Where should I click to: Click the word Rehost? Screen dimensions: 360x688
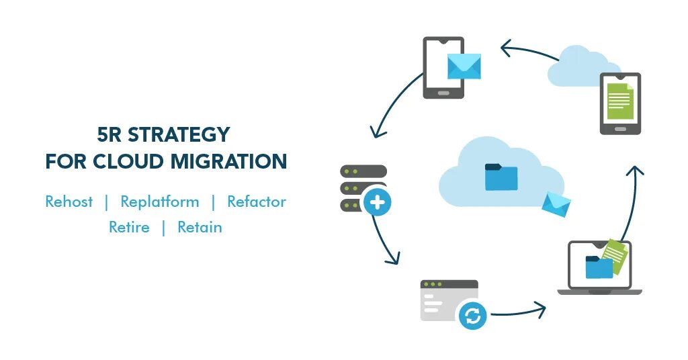pos(69,201)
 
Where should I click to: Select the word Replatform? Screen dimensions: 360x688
pos(160,201)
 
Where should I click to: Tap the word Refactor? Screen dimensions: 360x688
pos(257,201)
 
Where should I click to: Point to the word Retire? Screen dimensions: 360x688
pos(129,227)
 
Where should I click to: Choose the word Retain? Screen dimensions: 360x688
pos(200,227)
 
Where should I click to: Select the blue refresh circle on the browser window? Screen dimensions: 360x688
pos(472,315)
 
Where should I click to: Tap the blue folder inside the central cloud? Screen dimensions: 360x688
pos(501,177)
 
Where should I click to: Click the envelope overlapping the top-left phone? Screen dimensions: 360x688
pos(464,66)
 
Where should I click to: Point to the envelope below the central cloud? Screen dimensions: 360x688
pos(556,204)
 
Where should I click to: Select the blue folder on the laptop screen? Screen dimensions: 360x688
pos(599,267)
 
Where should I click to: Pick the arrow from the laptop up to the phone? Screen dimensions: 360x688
pos(630,201)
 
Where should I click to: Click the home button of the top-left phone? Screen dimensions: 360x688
pos(443,93)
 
